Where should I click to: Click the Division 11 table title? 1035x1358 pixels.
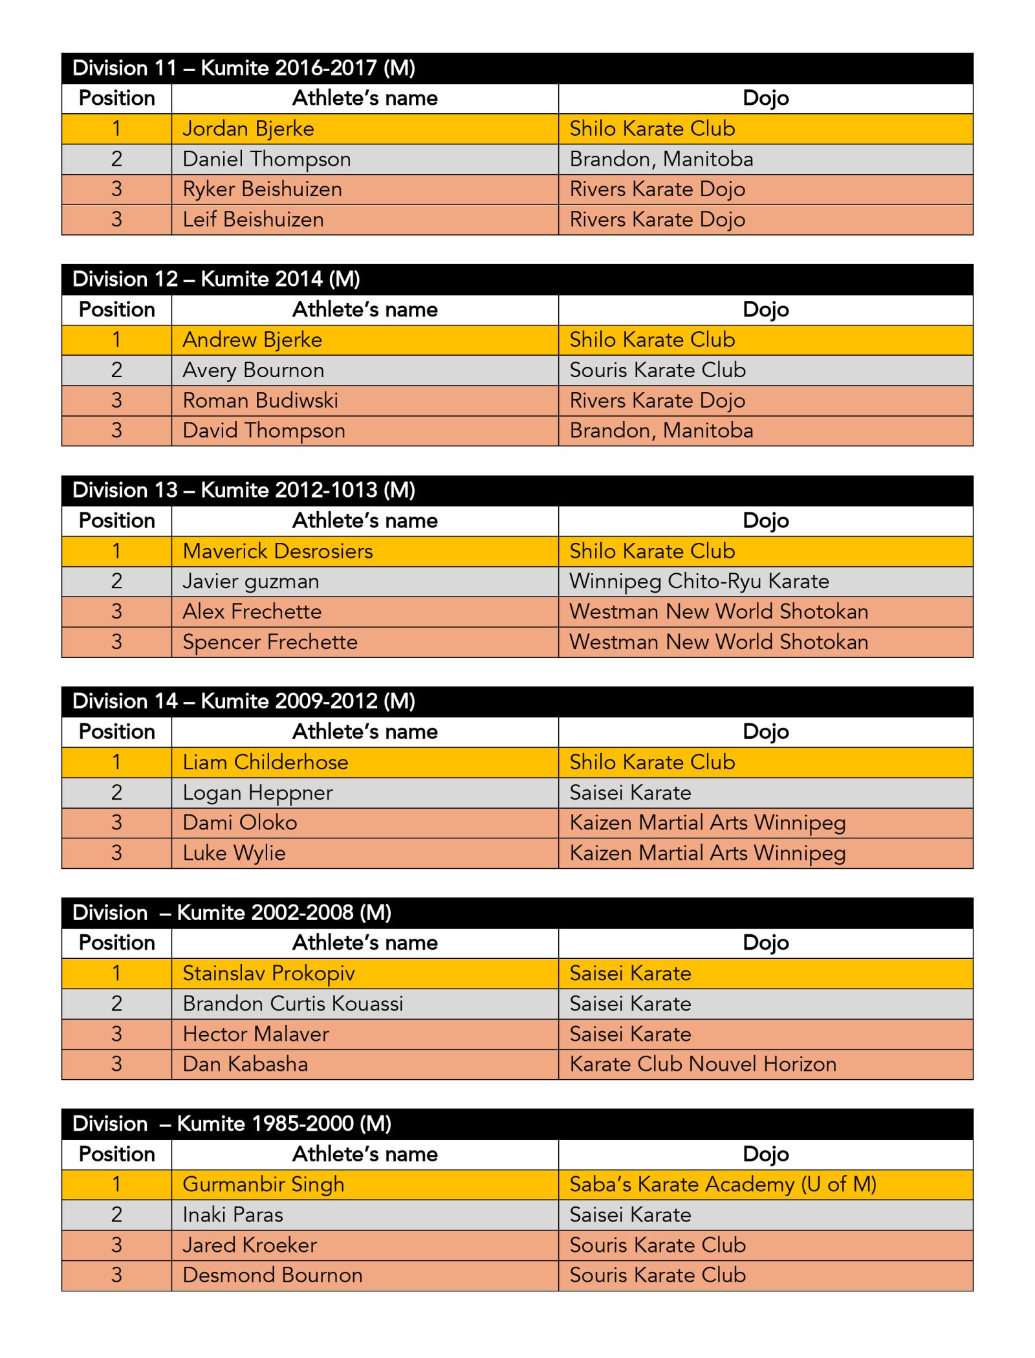point(244,68)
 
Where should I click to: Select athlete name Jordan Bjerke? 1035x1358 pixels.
point(248,129)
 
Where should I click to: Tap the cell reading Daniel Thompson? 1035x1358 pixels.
point(267,159)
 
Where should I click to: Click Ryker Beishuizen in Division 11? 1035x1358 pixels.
point(262,189)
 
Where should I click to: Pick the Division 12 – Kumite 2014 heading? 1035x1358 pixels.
point(216,279)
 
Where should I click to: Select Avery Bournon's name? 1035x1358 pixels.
point(253,370)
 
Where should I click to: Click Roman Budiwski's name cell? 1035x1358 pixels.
point(260,400)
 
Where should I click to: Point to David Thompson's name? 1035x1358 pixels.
point(264,431)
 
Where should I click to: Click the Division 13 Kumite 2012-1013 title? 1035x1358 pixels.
point(244,490)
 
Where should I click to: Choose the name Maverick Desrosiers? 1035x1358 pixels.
point(278,551)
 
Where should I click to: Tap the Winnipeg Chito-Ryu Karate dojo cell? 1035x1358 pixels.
point(699,581)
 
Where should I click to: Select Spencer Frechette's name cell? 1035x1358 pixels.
point(270,642)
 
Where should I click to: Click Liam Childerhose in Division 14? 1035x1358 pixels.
point(265,762)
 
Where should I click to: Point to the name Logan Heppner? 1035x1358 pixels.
point(257,793)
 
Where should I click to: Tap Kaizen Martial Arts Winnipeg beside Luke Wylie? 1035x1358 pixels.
point(708,853)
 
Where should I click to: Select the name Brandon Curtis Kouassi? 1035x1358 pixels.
point(292,1003)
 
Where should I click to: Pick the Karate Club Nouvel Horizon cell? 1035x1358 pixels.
point(703,1064)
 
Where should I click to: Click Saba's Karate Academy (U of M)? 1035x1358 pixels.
point(723,1184)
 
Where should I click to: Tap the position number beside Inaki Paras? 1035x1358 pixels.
point(116,1214)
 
